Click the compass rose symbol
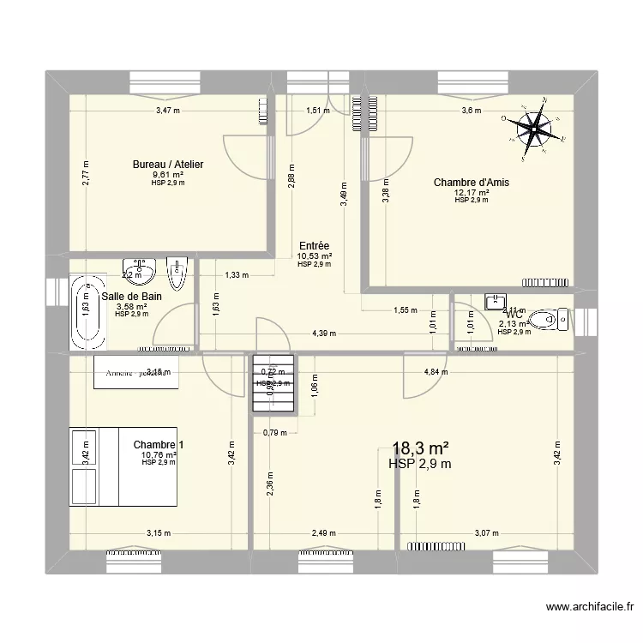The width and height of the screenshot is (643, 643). (x=536, y=130)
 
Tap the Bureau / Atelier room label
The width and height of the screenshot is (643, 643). (x=167, y=165)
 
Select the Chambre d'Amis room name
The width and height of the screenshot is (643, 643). (x=467, y=182)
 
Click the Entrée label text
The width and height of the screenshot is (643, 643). (x=314, y=245)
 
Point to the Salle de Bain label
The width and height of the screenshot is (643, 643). (x=132, y=296)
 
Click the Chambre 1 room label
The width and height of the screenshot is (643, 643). (x=159, y=444)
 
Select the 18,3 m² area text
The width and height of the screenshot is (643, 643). (x=421, y=448)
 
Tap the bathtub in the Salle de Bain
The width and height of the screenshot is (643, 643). (x=87, y=312)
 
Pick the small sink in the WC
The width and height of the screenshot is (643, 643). (x=496, y=301)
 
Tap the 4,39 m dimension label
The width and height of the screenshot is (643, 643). (x=324, y=333)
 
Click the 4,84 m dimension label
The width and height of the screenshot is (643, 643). (x=436, y=372)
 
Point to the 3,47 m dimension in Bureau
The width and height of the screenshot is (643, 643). (x=168, y=111)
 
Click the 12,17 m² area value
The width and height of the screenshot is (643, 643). (x=471, y=192)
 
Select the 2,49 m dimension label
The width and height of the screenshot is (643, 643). (x=322, y=532)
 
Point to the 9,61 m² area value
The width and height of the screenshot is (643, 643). (x=168, y=175)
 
